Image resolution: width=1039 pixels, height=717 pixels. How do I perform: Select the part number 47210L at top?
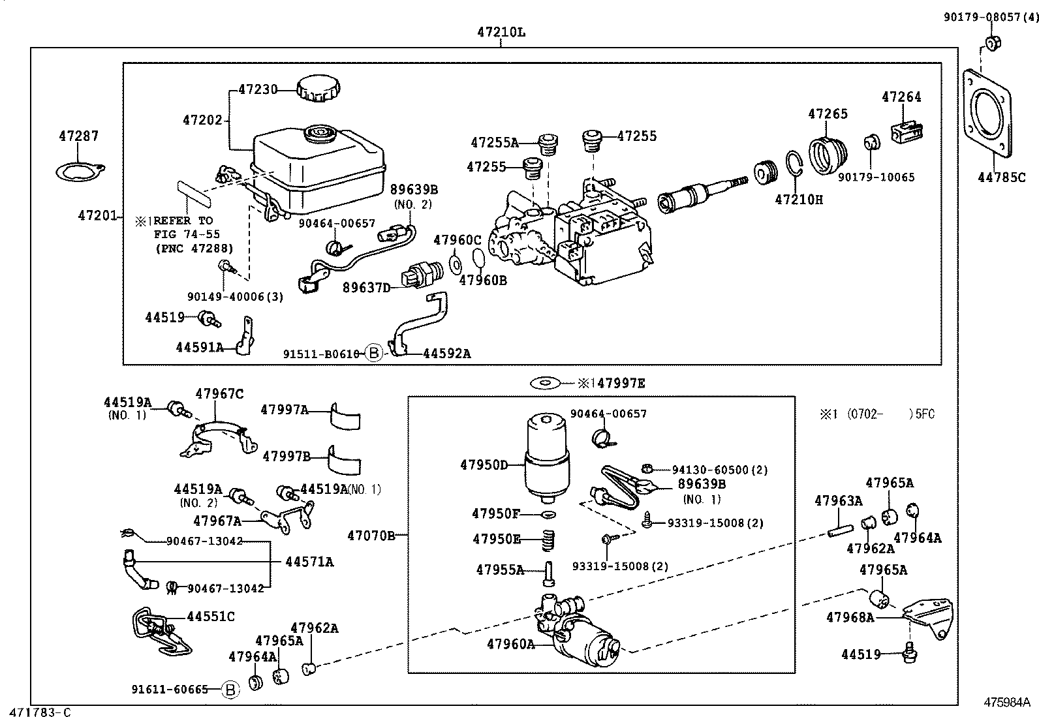500,31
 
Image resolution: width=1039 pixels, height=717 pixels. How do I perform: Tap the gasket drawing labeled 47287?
80,172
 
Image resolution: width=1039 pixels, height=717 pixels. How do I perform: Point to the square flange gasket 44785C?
987,114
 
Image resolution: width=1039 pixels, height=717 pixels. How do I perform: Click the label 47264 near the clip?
901,97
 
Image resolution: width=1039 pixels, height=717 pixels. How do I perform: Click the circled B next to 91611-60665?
229,690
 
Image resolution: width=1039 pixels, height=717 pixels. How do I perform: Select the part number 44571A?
309,562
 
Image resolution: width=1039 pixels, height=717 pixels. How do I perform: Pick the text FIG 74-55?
187,234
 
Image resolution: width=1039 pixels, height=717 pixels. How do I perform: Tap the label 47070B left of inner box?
371,536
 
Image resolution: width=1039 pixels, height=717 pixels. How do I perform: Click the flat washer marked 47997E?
546,383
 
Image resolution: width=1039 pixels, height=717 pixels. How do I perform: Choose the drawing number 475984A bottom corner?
1006,703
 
